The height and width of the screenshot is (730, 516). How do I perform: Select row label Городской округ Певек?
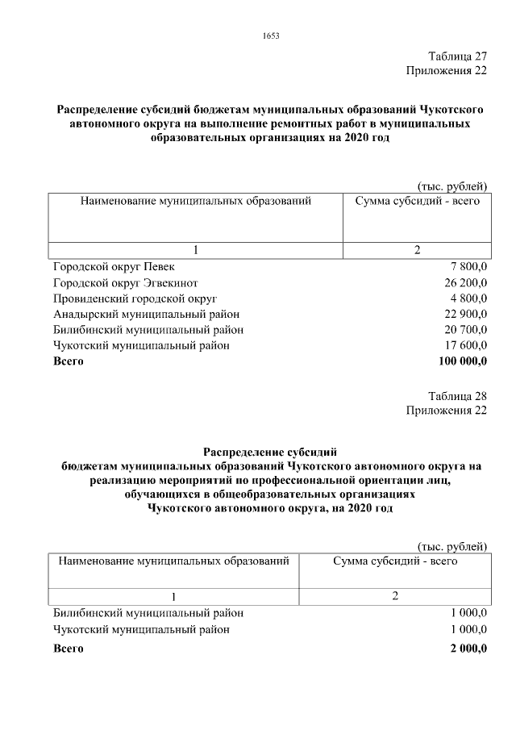coord(113,266)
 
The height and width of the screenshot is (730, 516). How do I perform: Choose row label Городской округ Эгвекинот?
coord(125,282)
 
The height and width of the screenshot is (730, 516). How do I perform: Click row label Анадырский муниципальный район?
coord(146,314)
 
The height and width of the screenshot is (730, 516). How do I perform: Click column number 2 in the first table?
coord(417,250)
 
